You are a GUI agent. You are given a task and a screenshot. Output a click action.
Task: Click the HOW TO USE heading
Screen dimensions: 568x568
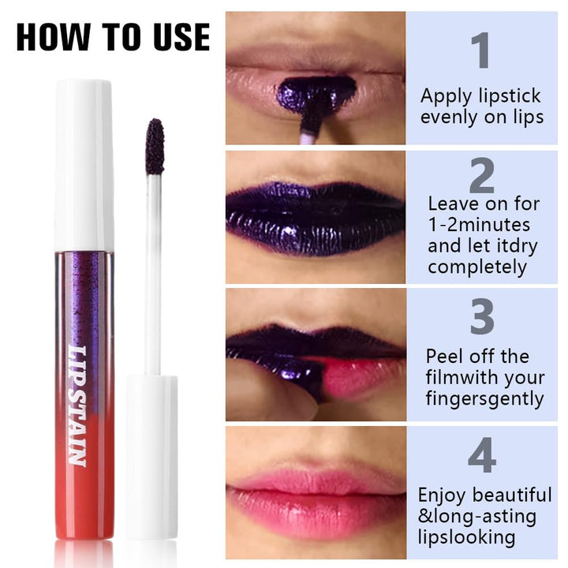pos(114,36)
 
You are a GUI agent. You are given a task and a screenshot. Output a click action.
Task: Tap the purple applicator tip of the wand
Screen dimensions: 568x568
pos(155,146)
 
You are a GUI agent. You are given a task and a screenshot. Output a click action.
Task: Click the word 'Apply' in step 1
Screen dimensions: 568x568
pos(447,97)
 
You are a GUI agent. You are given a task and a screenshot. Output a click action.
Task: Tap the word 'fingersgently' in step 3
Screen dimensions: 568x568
pos(484,398)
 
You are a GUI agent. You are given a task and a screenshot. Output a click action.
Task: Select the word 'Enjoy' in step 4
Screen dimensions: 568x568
pos(443,495)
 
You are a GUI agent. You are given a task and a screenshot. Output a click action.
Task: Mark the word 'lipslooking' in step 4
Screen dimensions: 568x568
pos(467,538)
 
